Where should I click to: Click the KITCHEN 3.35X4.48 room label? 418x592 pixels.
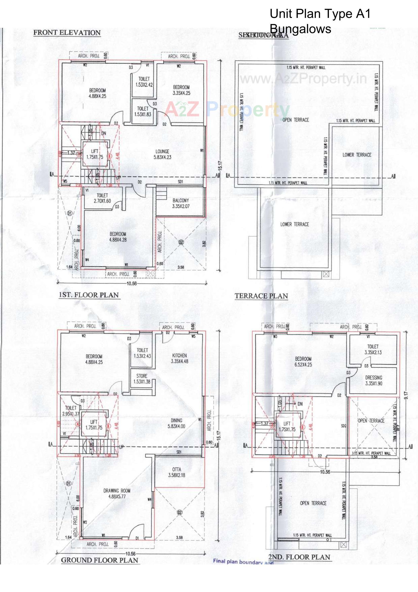pos(179,358)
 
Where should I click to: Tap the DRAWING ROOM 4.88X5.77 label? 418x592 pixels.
pos(117,493)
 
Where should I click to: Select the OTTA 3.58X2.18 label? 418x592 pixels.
pos(177,472)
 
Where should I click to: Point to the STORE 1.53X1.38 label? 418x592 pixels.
pos(142,379)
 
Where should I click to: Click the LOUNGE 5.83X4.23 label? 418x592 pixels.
pos(162,154)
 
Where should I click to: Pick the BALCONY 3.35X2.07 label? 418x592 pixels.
pos(181,203)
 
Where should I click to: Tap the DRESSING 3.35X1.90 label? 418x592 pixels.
pos(373,380)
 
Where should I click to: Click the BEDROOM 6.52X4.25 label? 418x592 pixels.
pos(303,362)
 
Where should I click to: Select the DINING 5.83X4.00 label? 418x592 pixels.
pos(176,423)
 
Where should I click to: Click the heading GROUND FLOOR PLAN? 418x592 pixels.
pos(99,560)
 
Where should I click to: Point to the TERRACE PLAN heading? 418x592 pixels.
pos(261,296)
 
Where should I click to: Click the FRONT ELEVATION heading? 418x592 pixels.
pos(67,33)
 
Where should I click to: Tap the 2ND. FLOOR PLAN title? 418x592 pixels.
pos(299,557)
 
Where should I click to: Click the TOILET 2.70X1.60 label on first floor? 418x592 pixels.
pos(102,198)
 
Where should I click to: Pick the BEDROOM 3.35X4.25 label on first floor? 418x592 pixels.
pos(181,90)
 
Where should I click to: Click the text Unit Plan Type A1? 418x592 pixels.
pos(320,14)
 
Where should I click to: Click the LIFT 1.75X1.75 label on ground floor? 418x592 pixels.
pos(94,425)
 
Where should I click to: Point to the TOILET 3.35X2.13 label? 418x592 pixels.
pos(373,349)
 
